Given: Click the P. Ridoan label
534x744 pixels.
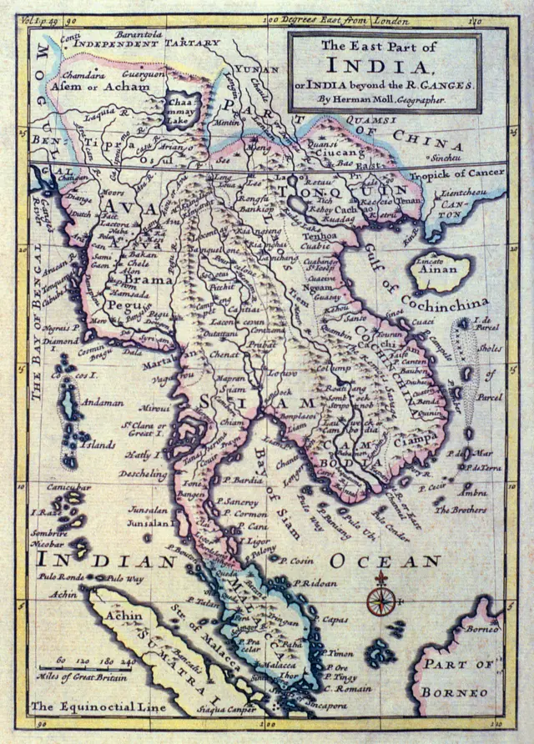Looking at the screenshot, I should coord(315,583).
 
